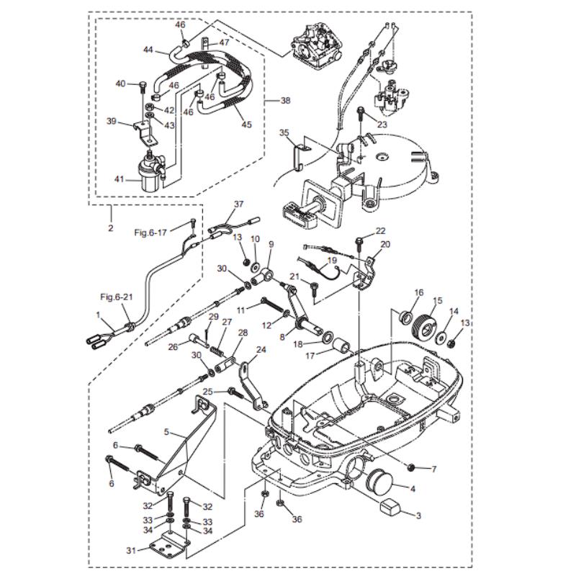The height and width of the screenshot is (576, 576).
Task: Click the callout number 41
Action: coord(119,179)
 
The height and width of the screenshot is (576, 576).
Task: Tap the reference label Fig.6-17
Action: coord(150,233)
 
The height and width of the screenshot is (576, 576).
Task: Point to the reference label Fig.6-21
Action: coord(115,297)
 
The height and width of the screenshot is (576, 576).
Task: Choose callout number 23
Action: coord(382,124)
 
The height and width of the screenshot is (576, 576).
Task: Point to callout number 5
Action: coord(166,433)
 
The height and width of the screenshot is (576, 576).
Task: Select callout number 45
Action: coord(247,125)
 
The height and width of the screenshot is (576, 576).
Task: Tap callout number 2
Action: coord(111,229)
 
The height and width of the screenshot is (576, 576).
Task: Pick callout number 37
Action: coord(239,204)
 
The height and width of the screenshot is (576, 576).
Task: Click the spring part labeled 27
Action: coord(217,348)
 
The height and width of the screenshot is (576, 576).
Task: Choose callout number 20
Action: coord(384,244)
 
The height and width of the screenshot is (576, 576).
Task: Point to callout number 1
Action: coord(99,314)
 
